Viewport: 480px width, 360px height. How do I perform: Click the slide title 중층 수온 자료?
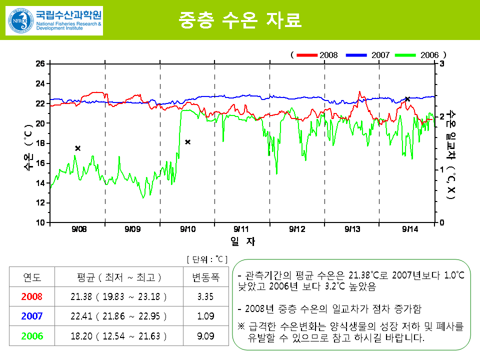pos(239,19)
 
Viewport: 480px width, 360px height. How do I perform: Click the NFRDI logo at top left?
pos(54,20)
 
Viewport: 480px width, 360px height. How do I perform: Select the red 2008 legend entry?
pos(317,54)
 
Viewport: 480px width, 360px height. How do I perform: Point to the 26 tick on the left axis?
pos(40,63)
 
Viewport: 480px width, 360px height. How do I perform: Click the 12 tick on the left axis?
pos(40,203)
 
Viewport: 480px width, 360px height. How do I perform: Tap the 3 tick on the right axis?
pos(442,63)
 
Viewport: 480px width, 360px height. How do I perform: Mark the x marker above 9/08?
pos(77,148)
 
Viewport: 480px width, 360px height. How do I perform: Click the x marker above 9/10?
pos(188,142)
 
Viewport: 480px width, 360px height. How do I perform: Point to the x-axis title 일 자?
pos(242,242)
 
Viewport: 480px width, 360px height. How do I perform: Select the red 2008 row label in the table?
pos(32,296)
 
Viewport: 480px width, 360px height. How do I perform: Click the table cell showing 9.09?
pos(205,336)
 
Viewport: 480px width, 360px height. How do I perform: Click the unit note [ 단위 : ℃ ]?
pos(207,259)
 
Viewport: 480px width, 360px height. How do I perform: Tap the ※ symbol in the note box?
pos(241,326)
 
